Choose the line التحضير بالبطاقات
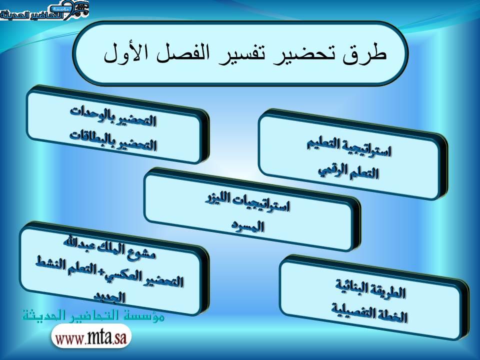coord(113,140)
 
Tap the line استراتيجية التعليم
coord(349,147)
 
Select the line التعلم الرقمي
coord(348,171)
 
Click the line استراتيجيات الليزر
coord(247,202)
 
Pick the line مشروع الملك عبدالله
coord(109,246)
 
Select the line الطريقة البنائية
coord(370,289)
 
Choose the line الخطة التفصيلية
coord(369,312)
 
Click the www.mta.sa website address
coord(91,336)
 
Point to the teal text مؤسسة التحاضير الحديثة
coord(93,315)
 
